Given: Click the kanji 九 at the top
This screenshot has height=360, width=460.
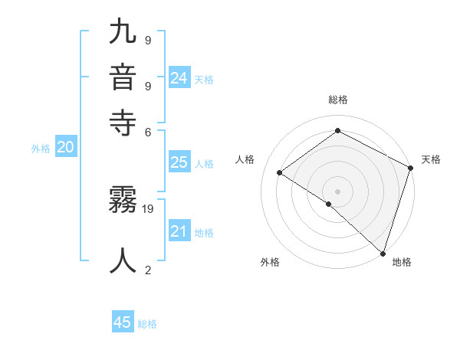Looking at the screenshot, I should pos(123,33).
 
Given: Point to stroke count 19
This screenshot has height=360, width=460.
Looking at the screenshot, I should pos(149,208).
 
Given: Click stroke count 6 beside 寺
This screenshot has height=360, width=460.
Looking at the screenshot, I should pos(149,131).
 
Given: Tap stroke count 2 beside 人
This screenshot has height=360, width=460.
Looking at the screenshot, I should pos(148,270).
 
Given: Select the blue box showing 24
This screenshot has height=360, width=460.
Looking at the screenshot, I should pos(179,77).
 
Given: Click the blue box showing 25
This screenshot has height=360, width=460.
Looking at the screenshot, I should pos(179,162).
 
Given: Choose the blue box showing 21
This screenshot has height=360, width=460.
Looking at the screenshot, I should pos(179,231).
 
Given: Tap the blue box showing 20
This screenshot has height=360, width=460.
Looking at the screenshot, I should pos(65,149).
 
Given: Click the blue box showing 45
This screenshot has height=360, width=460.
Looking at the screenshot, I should pos(123,322).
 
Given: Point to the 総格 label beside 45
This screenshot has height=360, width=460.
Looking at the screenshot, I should pos(147,324).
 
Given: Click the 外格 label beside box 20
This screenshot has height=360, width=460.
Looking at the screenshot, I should pos(41,149).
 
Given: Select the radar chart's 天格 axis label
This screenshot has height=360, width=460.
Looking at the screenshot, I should pos(431,159).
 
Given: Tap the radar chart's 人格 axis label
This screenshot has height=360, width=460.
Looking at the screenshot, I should pos(245,159).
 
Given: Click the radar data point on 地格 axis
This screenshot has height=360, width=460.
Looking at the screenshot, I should pos(383,253).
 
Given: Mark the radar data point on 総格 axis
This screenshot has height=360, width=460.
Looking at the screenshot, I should pos(337,131).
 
